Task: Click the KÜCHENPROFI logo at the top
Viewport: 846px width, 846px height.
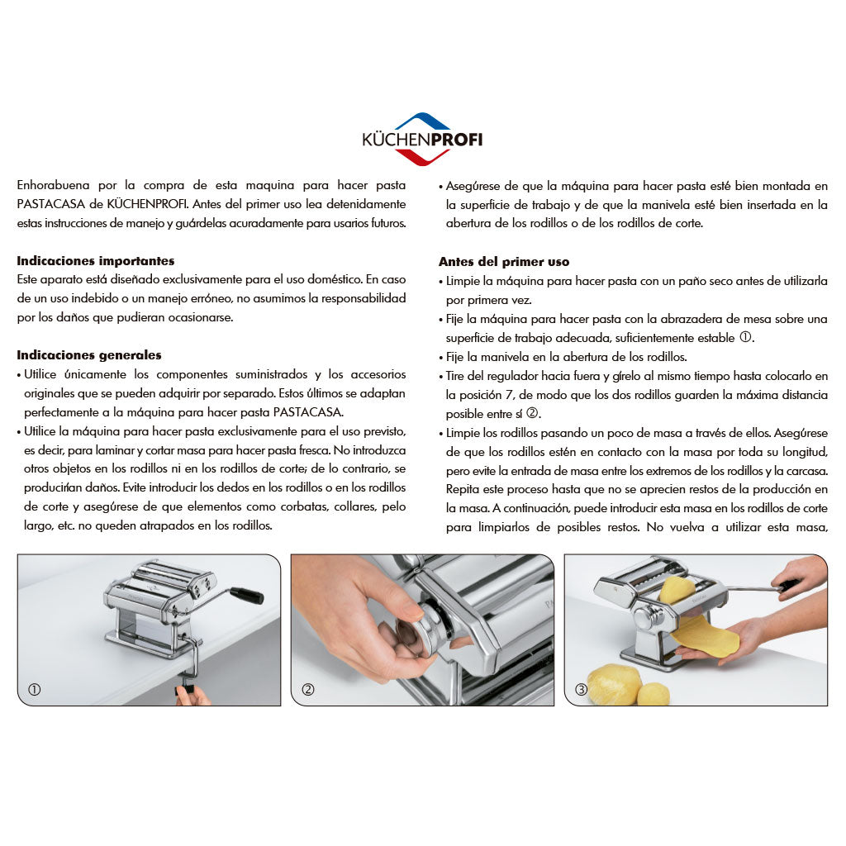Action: click(422, 139)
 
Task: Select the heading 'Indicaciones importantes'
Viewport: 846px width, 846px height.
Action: click(96, 261)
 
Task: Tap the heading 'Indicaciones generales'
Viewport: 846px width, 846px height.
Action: click(89, 355)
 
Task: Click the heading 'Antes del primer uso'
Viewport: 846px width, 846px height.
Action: click(504, 262)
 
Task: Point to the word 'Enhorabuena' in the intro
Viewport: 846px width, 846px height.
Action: click(53, 185)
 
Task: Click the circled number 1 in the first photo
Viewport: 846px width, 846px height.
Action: click(34, 690)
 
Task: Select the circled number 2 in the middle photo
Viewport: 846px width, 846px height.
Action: click(308, 690)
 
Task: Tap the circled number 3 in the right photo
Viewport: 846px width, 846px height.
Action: click(581, 690)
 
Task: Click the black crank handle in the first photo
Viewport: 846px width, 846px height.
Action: click(246, 596)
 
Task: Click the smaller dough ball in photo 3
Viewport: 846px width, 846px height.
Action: click(654, 693)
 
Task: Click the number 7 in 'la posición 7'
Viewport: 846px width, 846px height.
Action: click(509, 395)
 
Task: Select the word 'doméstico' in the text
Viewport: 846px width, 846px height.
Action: click(334, 279)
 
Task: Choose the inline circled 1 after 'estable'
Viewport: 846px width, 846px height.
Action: click(745, 337)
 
